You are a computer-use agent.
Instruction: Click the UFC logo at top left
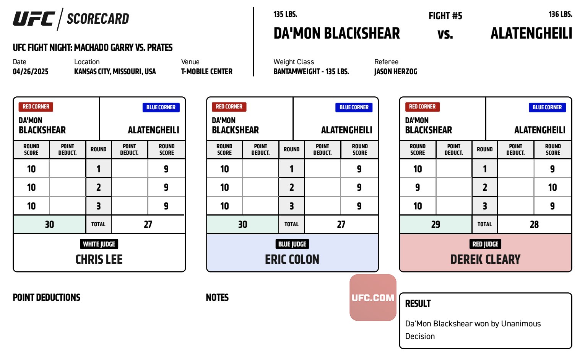point(34,19)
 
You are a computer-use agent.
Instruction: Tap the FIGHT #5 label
point(445,16)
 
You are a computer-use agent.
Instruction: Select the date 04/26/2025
point(31,71)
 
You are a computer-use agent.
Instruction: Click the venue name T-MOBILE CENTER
point(206,71)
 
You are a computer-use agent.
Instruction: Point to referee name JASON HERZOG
point(396,71)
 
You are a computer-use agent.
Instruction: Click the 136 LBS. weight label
point(561,14)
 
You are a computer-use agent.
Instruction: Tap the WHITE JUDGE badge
point(99,244)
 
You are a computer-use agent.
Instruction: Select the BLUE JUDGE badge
point(292,244)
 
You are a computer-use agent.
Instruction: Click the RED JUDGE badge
point(485,244)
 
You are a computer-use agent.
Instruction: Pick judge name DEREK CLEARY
point(485,259)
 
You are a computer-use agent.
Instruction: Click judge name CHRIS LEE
point(99,259)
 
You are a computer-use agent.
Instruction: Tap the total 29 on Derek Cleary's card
point(435,224)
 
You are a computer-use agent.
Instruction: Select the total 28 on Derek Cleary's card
point(534,224)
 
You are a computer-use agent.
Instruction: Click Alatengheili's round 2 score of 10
point(552,187)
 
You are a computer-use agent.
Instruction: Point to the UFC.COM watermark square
point(373,297)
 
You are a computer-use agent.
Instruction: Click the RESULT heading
point(418,303)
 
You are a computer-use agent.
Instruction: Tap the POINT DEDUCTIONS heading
point(47,297)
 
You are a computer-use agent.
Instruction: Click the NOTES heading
point(217,297)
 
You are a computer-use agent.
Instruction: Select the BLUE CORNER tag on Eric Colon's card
point(354,107)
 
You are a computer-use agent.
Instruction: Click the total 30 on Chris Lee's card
point(49,224)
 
